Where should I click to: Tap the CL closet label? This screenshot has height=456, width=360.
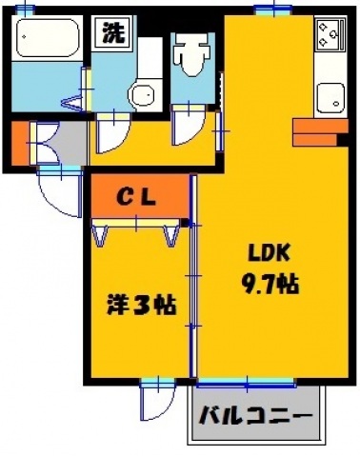point(138,197)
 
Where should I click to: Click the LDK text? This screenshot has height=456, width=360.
point(270,253)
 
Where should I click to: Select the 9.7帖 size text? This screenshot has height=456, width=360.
point(270,283)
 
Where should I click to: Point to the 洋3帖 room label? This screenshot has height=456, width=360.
point(139,307)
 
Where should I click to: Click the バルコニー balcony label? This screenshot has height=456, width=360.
point(255,417)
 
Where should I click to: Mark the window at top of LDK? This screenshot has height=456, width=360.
point(272,10)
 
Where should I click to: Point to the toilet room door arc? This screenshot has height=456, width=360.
point(187,129)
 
